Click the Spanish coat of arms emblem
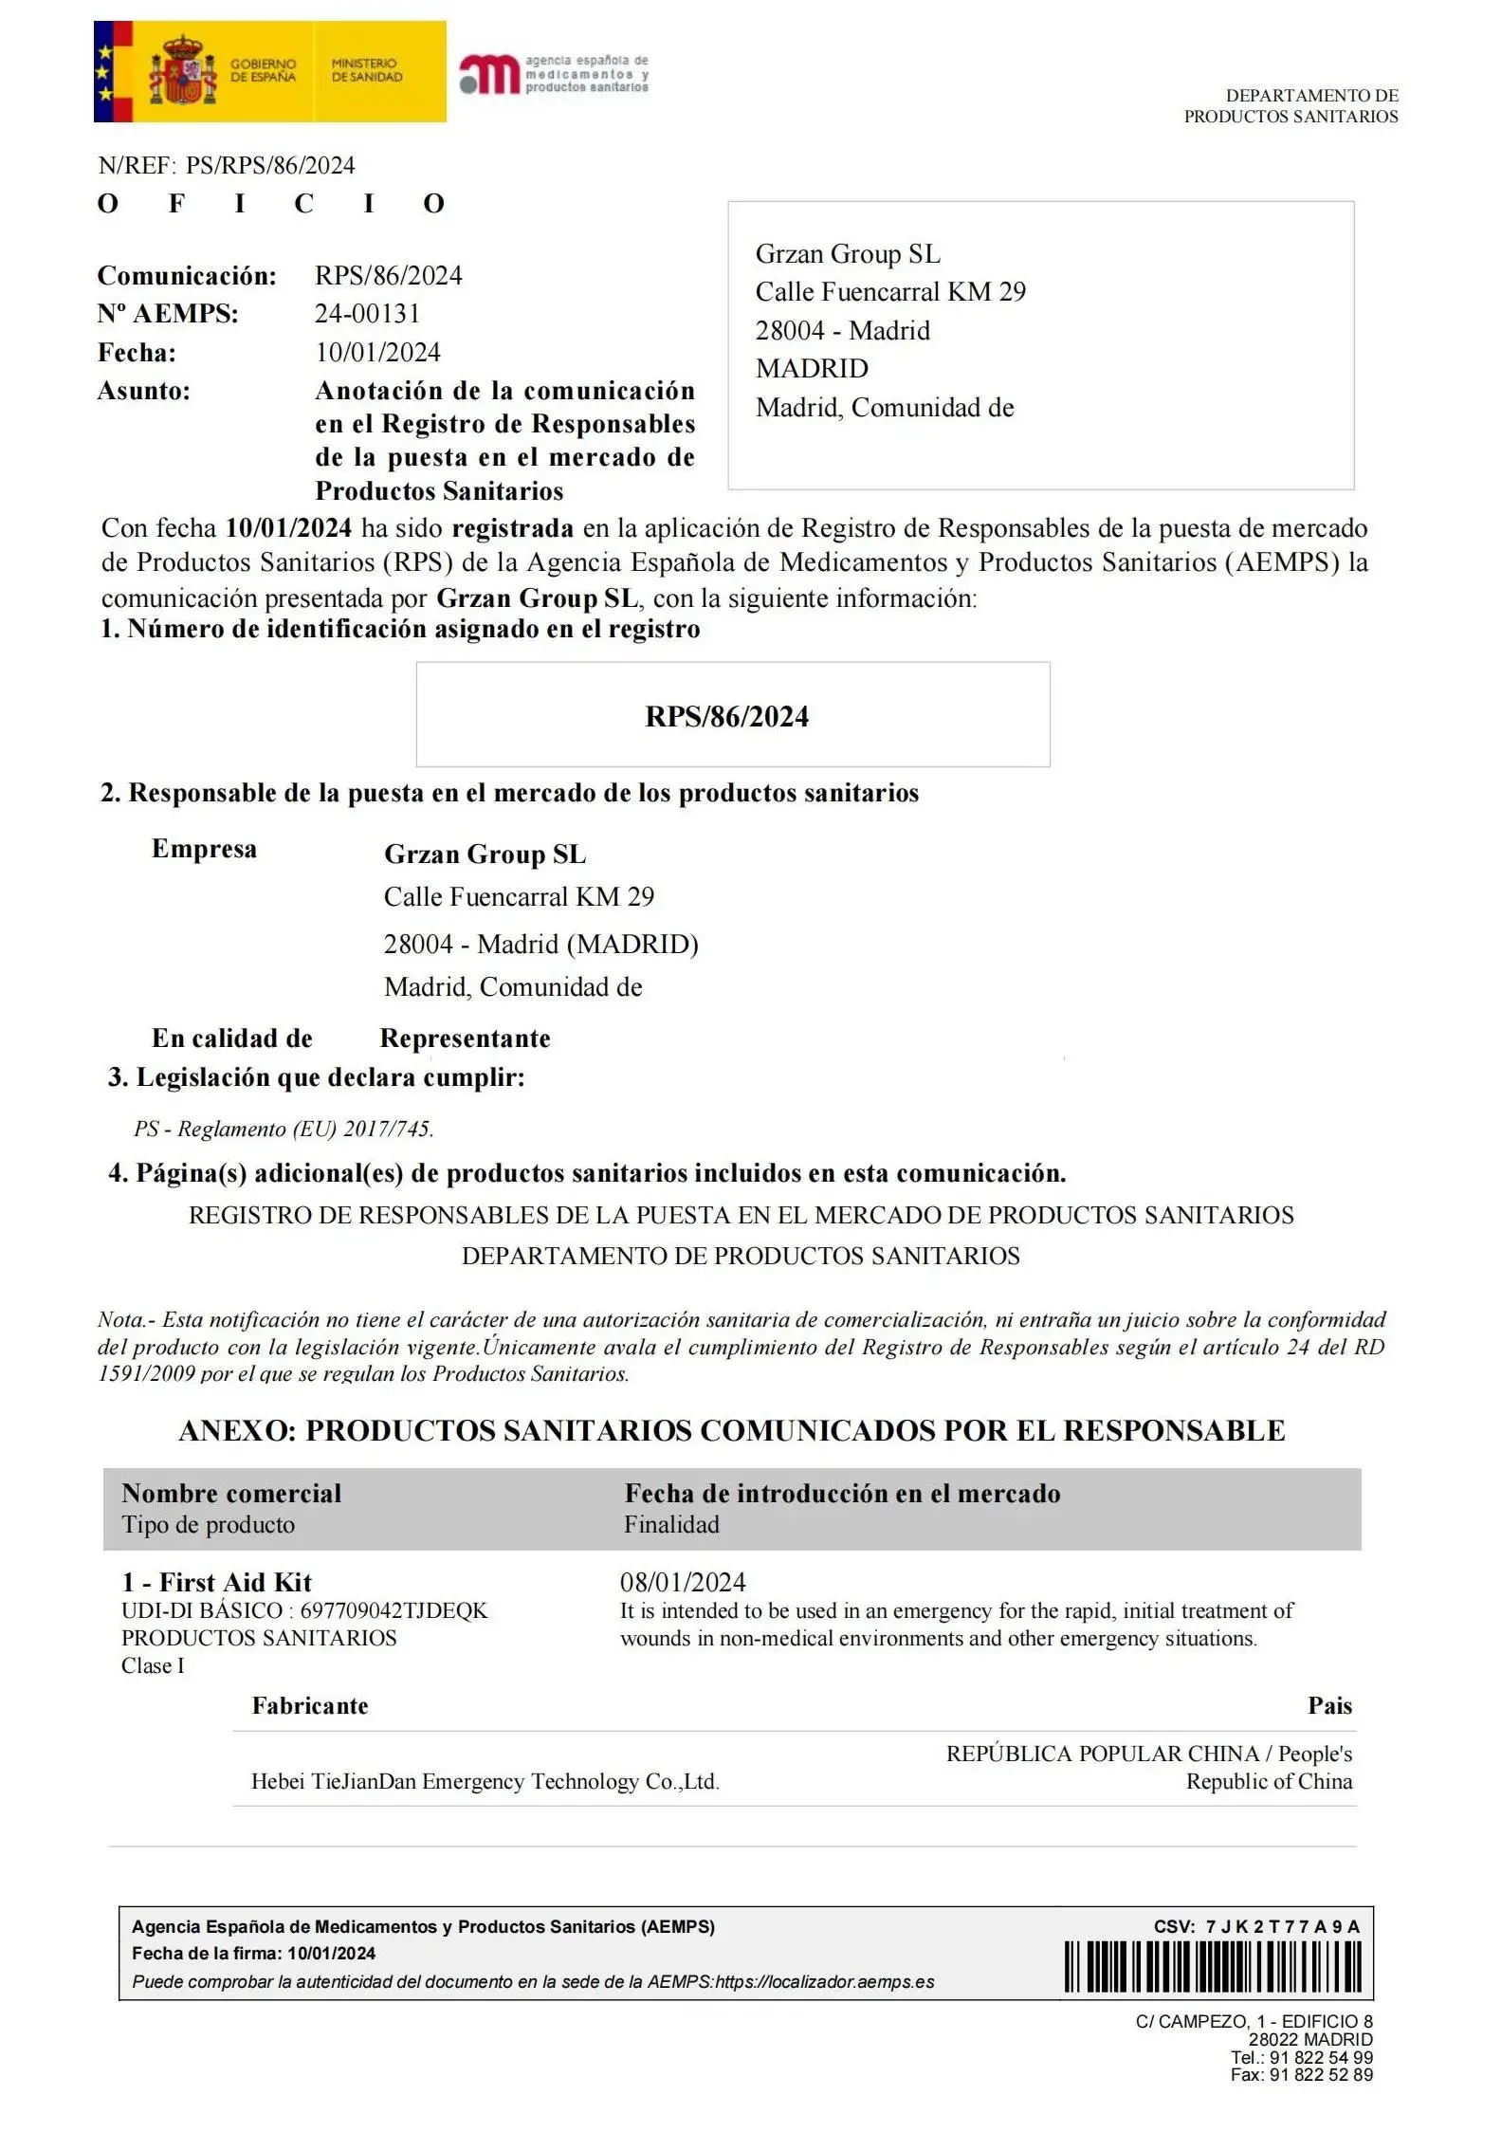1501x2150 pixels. [x=182, y=72]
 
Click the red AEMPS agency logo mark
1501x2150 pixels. [x=489, y=74]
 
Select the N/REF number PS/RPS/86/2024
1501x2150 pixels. [x=270, y=166]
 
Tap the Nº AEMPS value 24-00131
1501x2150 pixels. [x=367, y=314]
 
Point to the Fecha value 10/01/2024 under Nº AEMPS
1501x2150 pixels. [x=377, y=353]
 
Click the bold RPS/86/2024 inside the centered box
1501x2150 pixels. [x=726, y=717]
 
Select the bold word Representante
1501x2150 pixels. [x=465, y=1038]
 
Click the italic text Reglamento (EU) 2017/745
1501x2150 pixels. [x=305, y=1130]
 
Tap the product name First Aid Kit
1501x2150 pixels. [x=235, y=1582]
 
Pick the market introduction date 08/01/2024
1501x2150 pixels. [x=683, y=1582]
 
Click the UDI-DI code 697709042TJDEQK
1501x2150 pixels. [x=394, y=1610]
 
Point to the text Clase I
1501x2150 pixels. [x=153, y=1665]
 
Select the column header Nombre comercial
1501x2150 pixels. [x=231, y=1494]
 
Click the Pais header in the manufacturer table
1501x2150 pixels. [x=1329, y=1705]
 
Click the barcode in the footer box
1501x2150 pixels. [x=1213, y=1966]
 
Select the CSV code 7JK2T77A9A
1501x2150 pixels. [x=1282, y=1926]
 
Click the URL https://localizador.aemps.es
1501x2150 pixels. [x=824, y=1981]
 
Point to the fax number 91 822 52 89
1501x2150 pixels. [x=1321, y=2075]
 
